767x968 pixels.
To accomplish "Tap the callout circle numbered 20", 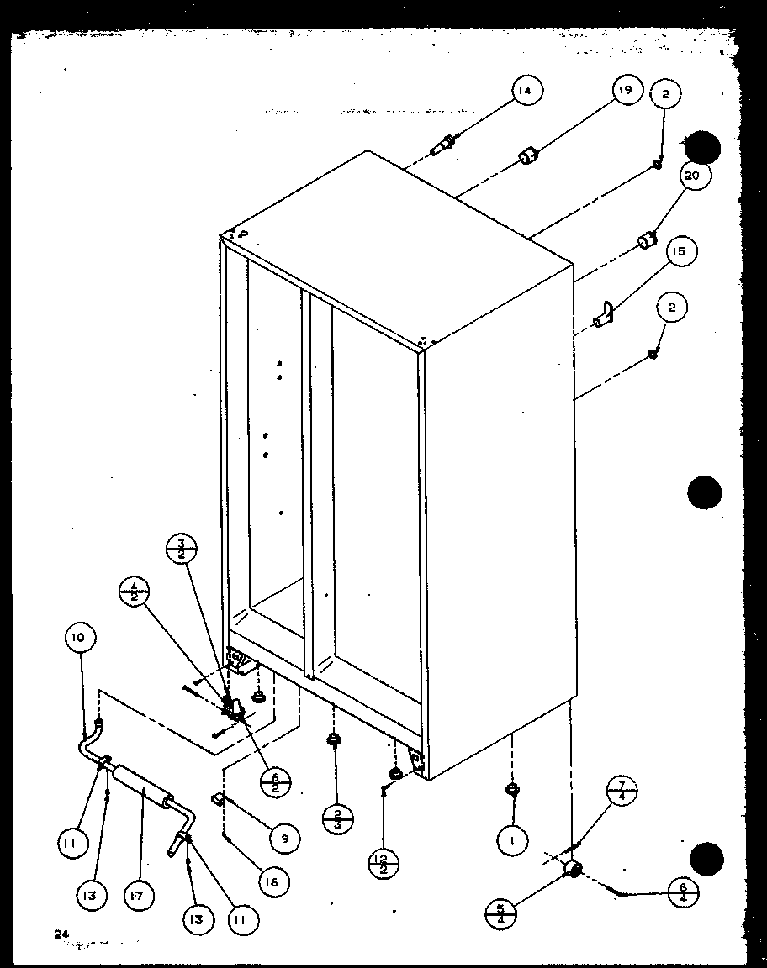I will pyautogui.click(x=696, y=176).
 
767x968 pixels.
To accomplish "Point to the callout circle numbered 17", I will pyautogui.click(x=140, y=896).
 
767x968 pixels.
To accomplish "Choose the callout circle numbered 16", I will pyautogui.click(x=272, y=881).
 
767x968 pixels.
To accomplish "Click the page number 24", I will pyautogui.click(x=60, y=934).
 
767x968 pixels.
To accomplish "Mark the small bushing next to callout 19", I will pyautogui.click(x=528, y=156).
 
